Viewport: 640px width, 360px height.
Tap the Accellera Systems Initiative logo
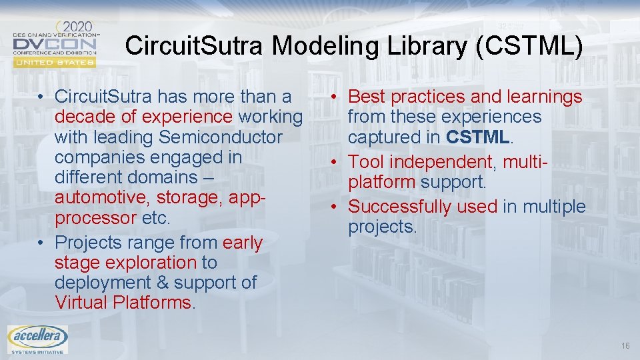[37, 339]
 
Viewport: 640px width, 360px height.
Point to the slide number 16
[625, 345]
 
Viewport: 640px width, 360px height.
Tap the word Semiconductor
[221, 137]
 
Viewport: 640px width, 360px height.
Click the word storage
[188, 197]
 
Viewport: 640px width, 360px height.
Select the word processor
[96, 218]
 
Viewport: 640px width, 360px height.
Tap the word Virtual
[82, 303]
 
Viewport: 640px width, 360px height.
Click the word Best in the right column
[367, 97]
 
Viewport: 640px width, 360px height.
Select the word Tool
[367, 162]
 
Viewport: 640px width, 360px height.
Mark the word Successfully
[423, 207]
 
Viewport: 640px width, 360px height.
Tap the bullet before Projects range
[42, 243]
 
